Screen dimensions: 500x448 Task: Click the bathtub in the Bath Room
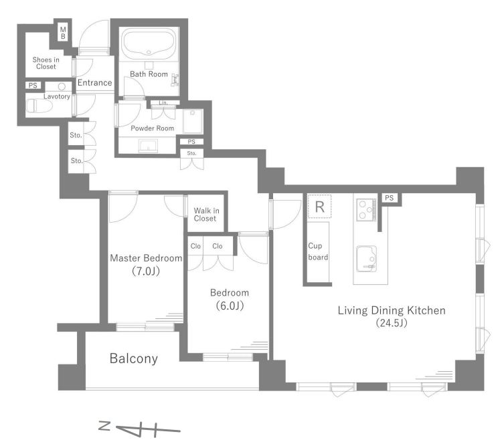coord(149,44)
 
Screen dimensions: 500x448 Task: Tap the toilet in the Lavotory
coord(39,106)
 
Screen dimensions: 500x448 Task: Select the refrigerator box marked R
coord(319,207)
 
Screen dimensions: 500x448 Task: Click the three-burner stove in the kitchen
coord(366,210)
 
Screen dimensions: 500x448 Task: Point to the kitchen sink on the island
coord(366,259)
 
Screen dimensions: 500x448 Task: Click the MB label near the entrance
coord(63,33)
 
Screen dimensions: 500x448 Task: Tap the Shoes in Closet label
coord(46,63)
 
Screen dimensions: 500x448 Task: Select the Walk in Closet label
coord(206,215)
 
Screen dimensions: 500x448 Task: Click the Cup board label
coord(317,251)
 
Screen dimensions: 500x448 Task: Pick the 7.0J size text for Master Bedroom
coord(146,271)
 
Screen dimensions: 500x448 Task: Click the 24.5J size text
coord(392,323)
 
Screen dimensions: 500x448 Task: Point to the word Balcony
coord(134,358)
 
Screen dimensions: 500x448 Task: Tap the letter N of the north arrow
coord(104,426)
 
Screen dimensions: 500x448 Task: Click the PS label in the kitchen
coord(389,198)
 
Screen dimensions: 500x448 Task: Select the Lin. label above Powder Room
coord(163,103)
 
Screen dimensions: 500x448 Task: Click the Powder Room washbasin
coord(148,146)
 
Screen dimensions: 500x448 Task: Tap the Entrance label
coord(94,82)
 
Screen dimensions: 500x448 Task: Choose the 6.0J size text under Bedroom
coord(230,306)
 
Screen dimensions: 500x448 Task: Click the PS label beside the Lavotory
coord(33,86)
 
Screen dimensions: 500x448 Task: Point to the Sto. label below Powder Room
coord(191,153)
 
